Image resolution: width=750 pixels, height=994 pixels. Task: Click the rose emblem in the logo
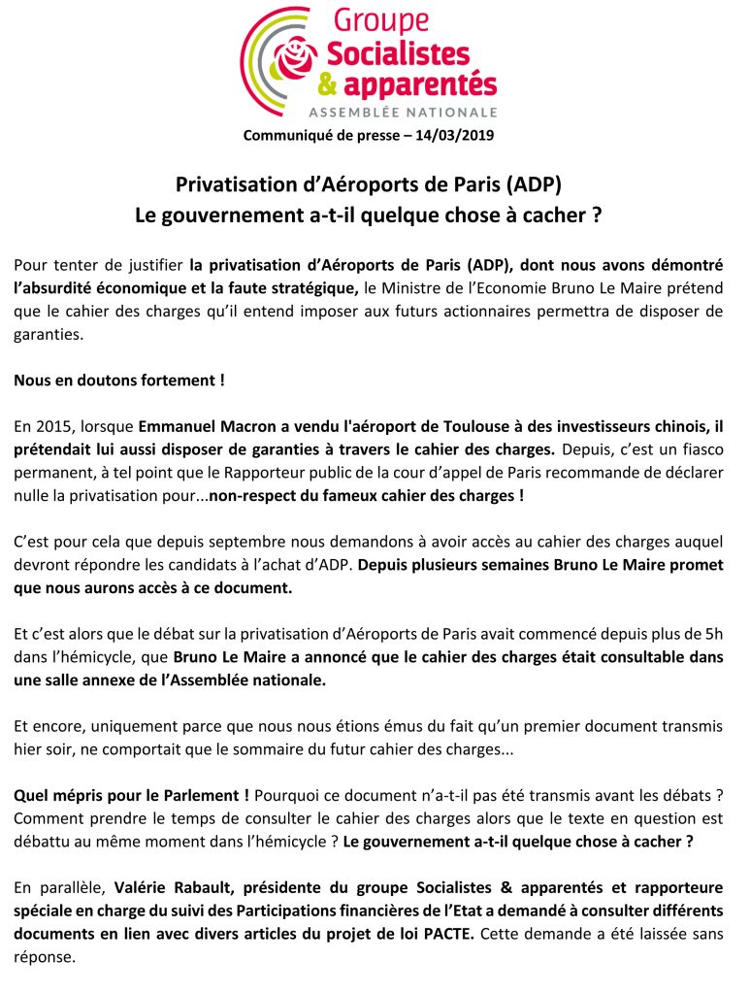click(x=298, y=60)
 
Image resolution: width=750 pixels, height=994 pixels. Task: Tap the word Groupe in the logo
click(x=380, y=20)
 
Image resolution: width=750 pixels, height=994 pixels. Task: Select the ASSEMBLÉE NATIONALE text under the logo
click(x=404, y=113)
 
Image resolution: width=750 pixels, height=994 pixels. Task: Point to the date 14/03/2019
click(x=454, y=135)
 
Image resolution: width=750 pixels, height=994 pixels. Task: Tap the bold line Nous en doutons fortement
click(x=118, y=381)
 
